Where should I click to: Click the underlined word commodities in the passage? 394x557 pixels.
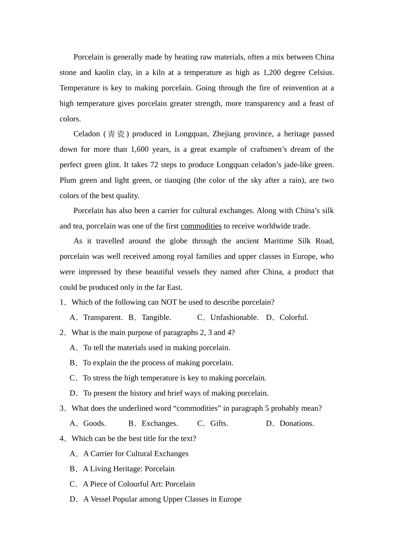201,226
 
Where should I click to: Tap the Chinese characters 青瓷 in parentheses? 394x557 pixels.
116,134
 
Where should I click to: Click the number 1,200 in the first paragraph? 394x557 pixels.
272,73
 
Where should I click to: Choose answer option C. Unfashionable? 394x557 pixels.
228,317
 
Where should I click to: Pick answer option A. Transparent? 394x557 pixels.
96,317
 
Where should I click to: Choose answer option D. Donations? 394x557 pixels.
290,423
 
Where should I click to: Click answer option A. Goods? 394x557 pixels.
88,423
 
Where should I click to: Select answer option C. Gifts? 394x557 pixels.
213,423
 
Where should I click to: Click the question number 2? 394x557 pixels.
62,332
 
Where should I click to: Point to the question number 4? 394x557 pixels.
62,438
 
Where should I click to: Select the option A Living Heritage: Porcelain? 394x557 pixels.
122,469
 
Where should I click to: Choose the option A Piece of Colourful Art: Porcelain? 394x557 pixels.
132,484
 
